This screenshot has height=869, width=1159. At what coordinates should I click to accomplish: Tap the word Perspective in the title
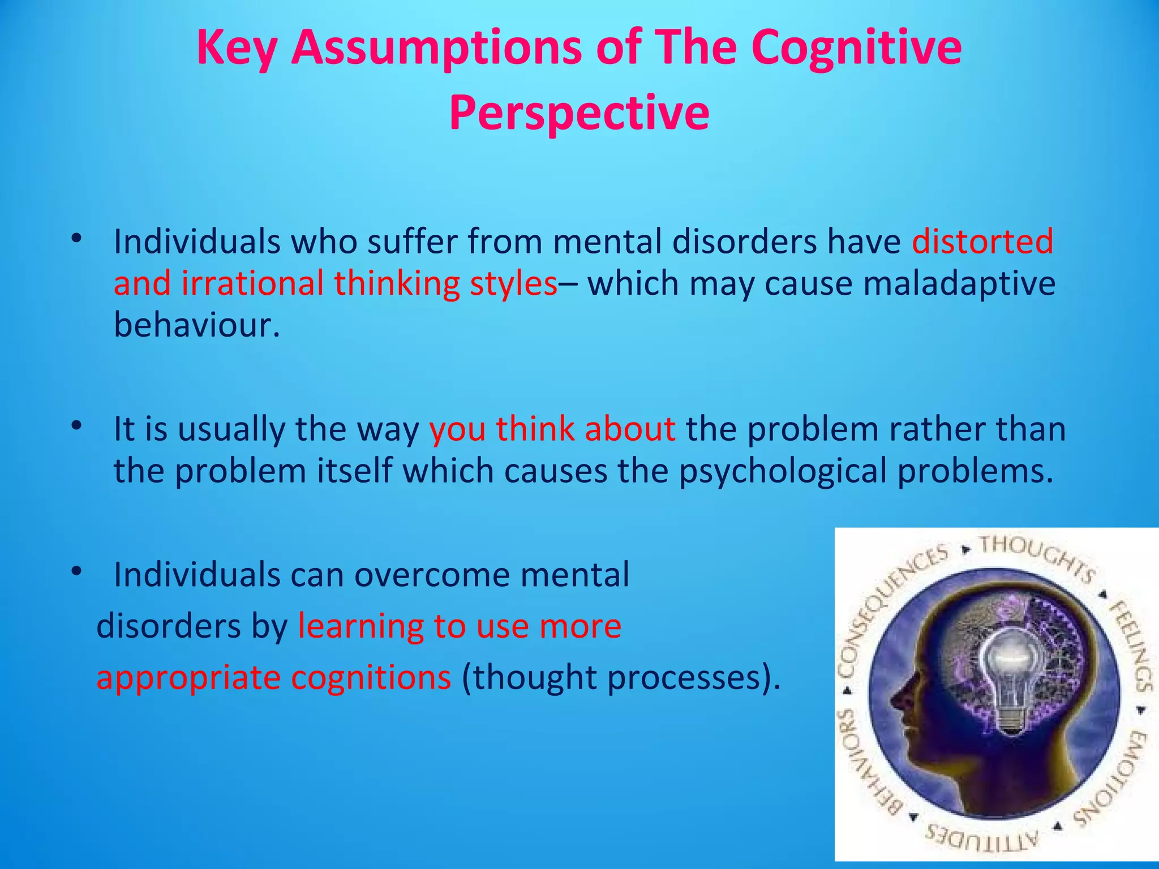[x=579, y=113]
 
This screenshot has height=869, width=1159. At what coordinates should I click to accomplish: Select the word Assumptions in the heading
[x=436, y=48]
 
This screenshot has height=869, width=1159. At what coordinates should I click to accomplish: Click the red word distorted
[x=982, y=242]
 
